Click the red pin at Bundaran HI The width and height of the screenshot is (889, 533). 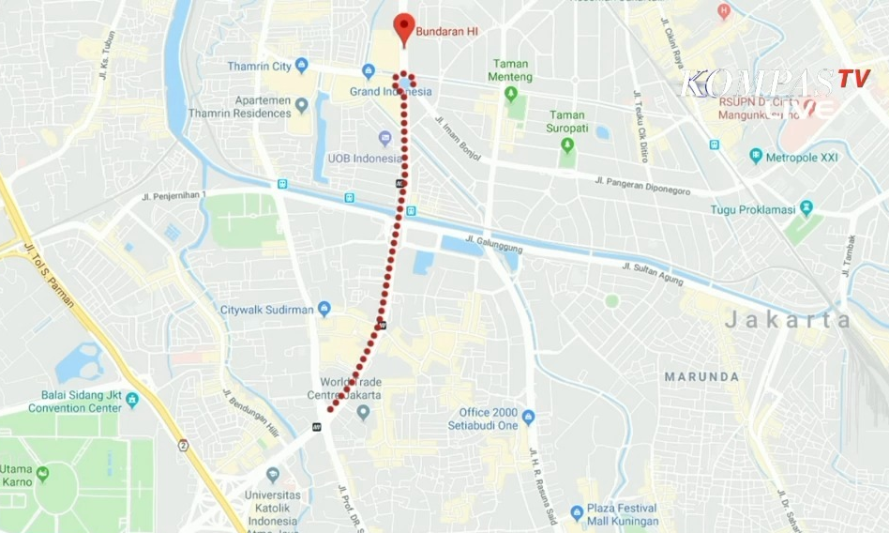click(x=403, y=28)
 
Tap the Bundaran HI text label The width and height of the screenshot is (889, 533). click(x=447, y=31)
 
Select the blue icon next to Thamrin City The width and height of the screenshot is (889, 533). click(x=302, y=65)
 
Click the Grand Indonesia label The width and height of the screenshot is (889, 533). click(x=390, y=91)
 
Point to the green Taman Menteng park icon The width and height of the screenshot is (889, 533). click(x=511, y=93)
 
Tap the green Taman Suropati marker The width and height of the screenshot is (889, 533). click(x=567, y=145)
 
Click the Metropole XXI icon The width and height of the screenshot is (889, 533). click(x=756, y=157)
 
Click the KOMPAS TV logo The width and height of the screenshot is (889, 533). click(x=775, y=81)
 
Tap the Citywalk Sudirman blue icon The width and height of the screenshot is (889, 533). click(x=324, y=309)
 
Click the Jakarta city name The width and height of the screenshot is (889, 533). click(x=787, y=320)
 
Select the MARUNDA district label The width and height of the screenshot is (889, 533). click(x=701, y=377)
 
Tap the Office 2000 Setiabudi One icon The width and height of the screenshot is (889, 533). click(x=528, y=417)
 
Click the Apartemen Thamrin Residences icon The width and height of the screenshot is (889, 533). click(x=302, y=105)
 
